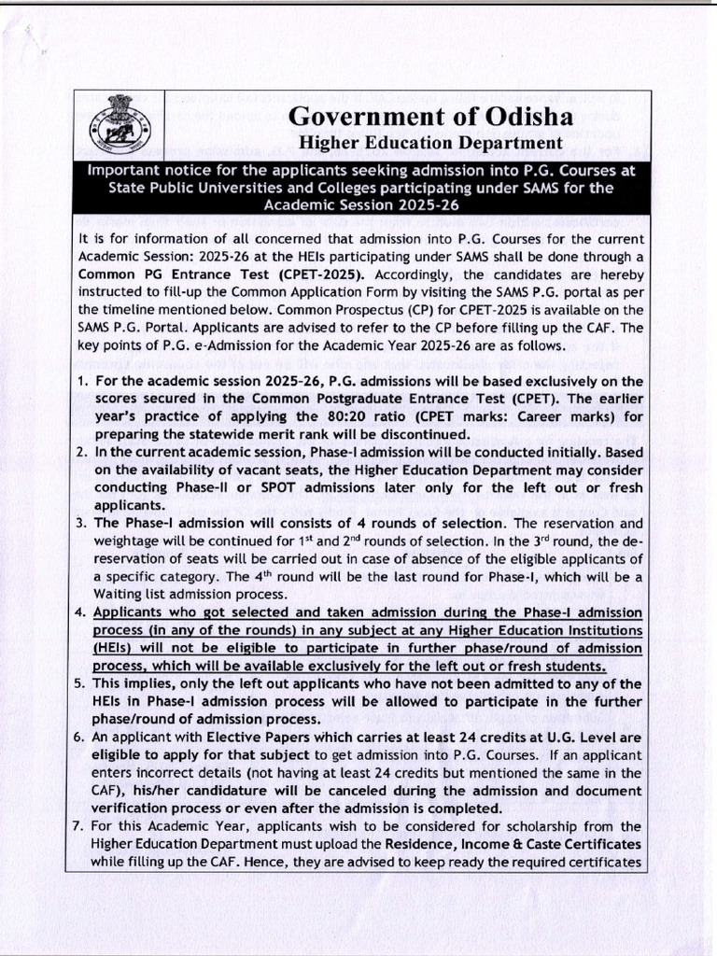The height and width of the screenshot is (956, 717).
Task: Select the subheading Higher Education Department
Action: [x=429, y=143]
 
